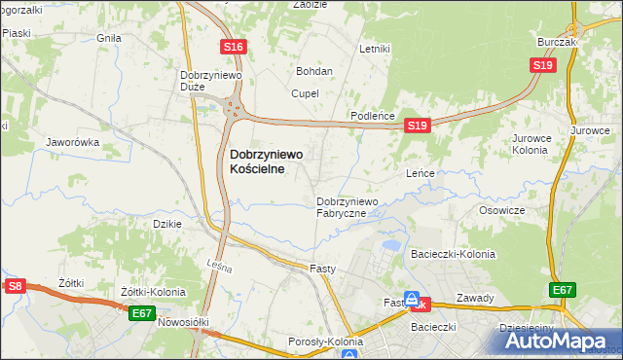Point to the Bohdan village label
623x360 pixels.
click(x=314, y=71)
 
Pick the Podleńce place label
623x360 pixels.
click(x=372, y=116)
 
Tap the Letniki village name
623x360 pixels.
click(x=374, y=49)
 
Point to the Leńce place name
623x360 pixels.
click(x=419, y=172)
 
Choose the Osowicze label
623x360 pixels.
click(x=502, y=210)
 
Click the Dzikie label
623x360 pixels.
click(x=168, y=224)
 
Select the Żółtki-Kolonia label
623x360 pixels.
click(x=153, y=292)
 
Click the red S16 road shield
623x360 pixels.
click(x=232, y=47)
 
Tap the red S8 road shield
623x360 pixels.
click(x=15, y=286)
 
